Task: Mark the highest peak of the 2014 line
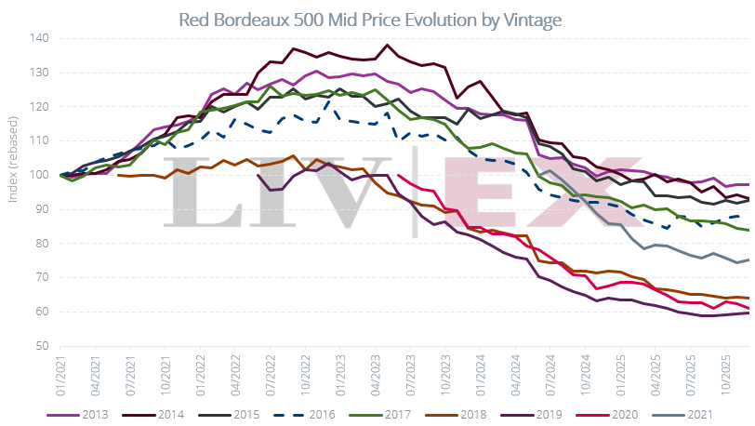click(388, 45)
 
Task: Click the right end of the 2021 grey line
click(749, 260)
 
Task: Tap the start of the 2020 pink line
click(398, 175)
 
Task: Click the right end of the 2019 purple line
click(749, 313)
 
